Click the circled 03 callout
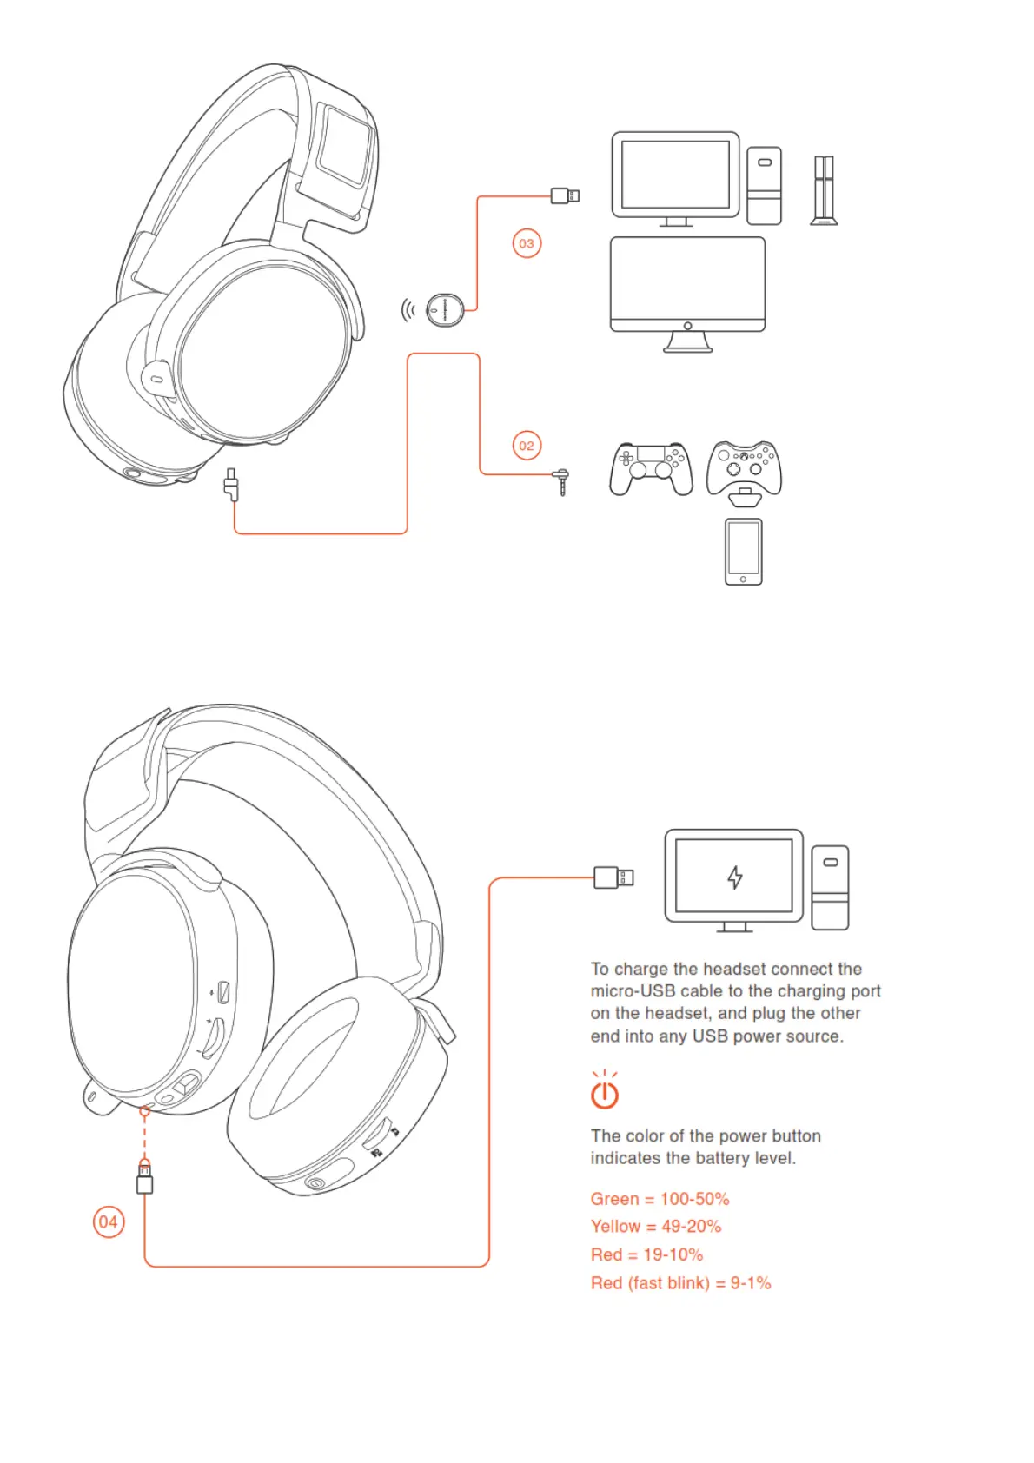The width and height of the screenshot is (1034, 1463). [527, 243]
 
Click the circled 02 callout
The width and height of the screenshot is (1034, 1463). [527, 446]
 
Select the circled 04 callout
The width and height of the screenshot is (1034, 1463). [109, 1221]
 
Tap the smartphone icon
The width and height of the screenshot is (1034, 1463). [743, 552]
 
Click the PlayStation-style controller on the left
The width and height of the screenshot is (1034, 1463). [651, 468]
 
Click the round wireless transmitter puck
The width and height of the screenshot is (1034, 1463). [445, 309]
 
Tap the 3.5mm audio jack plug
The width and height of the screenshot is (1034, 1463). [563, 480]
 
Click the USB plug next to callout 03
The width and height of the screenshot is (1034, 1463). [565, 195]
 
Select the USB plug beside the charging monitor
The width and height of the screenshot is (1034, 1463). [613, 877]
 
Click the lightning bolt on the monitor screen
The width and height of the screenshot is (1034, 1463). [735, 877]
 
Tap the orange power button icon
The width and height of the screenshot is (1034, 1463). [605, 1093]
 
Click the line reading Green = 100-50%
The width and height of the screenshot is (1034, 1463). [660, 1199]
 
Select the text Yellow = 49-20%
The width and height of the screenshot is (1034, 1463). [656, 1227]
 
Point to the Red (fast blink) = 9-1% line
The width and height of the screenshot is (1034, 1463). [680, 1283]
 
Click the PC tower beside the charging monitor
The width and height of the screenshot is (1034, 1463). [830, 888]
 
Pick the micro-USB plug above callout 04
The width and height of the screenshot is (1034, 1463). [145, 1178]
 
